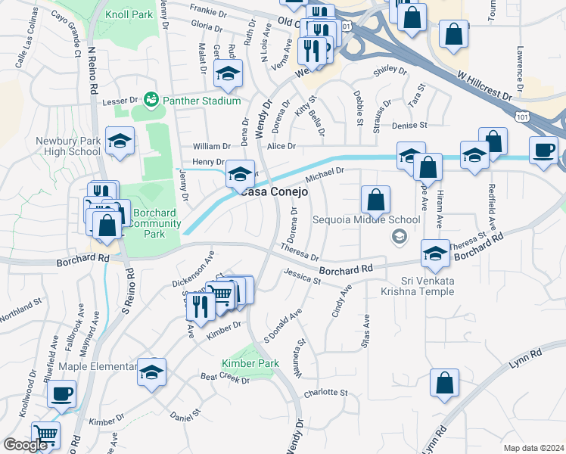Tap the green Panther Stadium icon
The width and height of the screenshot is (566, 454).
(151, 99)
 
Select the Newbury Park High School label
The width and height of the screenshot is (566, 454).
(68, 146)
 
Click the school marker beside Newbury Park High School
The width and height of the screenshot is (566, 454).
(120, 141)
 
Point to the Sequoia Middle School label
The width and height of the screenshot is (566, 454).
(366, 220)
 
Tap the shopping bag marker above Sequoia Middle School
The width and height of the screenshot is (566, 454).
(375, 201)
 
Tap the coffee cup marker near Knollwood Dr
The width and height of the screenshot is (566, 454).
(61, 394)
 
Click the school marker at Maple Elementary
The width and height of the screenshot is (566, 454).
(151, 372)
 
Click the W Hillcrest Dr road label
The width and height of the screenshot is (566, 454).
(484, 87)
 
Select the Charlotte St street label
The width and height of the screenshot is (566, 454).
(325, 393)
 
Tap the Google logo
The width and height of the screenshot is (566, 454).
(25, 445)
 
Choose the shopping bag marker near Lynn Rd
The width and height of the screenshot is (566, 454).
(444, 383)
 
